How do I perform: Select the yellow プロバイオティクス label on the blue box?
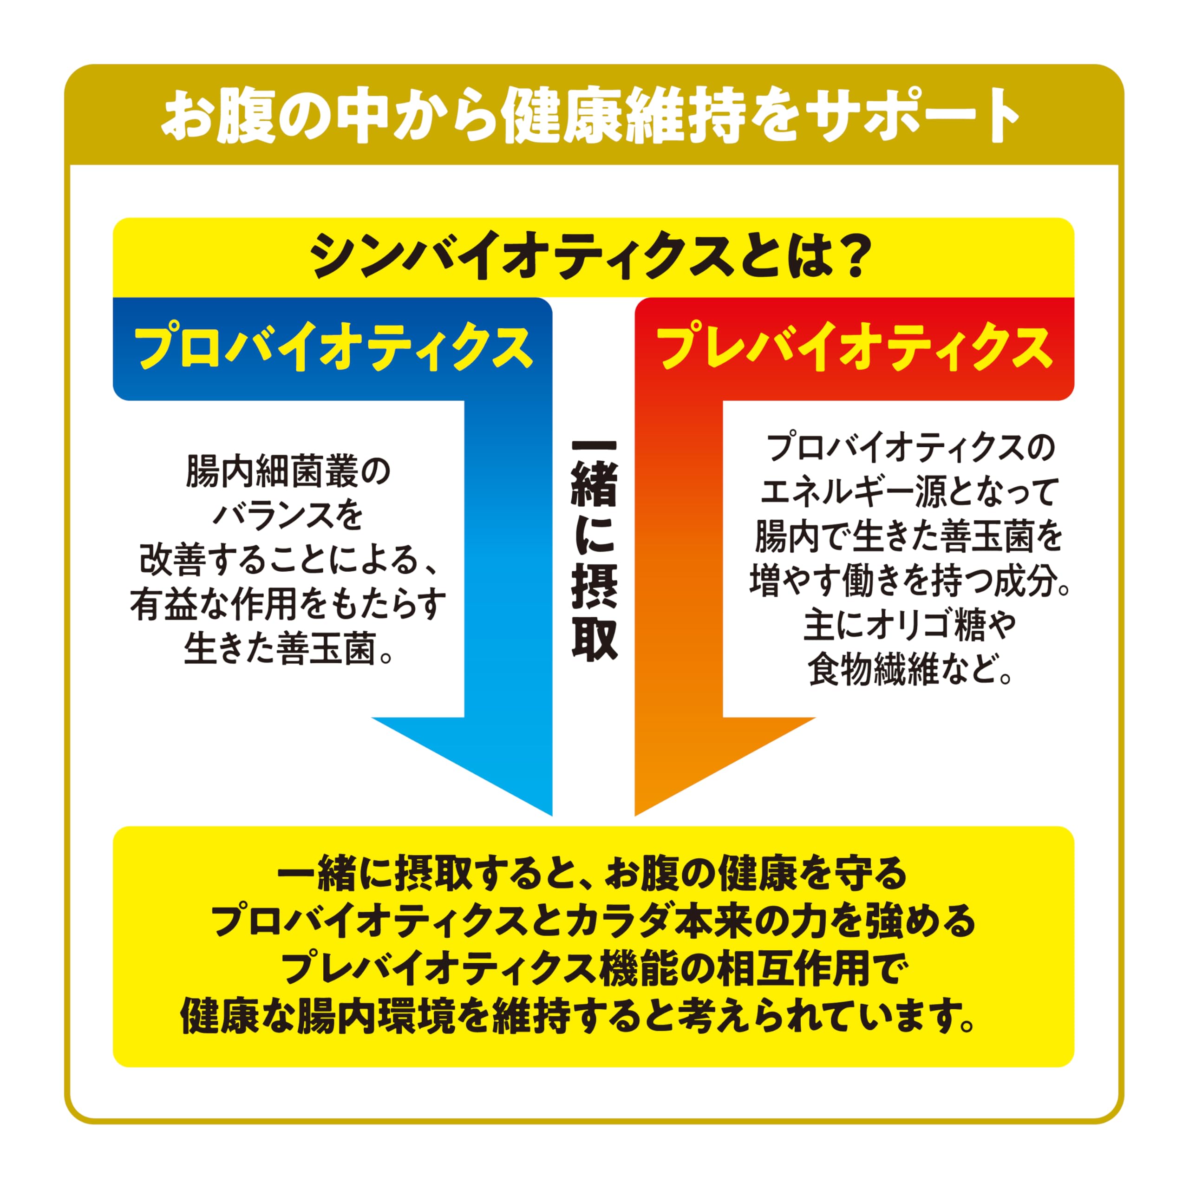pos(333,349)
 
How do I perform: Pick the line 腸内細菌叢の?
pos(288,472)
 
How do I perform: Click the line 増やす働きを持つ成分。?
pos(909,581)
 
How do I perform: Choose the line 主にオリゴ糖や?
pos(909,625)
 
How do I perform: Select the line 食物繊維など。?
pos(909,670)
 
